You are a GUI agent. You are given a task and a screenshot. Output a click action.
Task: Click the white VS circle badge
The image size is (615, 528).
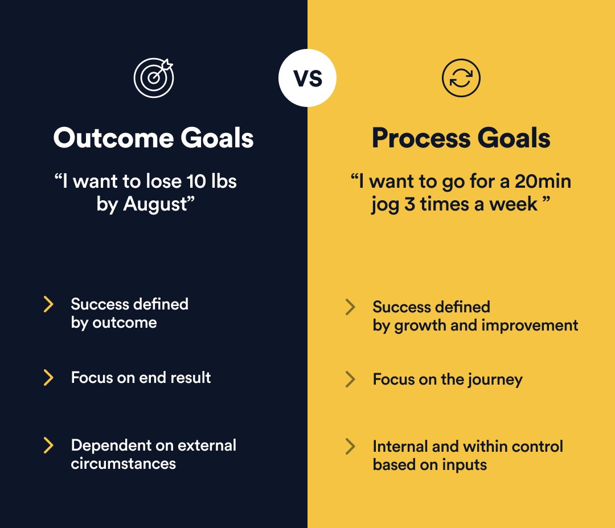(x=307, y=78)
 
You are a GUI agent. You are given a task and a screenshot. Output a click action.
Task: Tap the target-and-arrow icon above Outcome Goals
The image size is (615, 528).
(x=154, y=78)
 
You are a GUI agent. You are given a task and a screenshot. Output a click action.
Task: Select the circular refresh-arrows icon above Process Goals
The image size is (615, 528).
(x=461, y=78)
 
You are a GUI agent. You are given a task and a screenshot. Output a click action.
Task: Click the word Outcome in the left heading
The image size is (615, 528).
(x=114, y=138)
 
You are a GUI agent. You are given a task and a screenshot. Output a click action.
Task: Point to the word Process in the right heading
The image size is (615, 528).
(x=421, y=138)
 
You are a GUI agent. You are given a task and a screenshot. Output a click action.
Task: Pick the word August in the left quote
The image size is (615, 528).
(x=155, y=204)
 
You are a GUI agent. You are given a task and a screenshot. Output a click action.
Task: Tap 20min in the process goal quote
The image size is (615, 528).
(x=543, y=181)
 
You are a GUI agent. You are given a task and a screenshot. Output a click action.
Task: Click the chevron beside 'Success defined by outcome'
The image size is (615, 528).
(x=48, y=304)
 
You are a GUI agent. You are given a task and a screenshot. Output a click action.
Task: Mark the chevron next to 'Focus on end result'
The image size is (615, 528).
(x=48, y=377)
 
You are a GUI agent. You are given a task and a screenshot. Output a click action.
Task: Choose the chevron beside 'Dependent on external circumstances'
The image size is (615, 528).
(x=48, y=445)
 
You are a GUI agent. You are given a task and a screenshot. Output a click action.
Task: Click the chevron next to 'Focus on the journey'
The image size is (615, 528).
(x=350, y=379)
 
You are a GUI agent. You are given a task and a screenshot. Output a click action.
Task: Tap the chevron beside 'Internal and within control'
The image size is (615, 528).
(x=350, y=447)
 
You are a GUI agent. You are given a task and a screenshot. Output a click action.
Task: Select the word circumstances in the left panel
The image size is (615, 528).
(x=124, y=464)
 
